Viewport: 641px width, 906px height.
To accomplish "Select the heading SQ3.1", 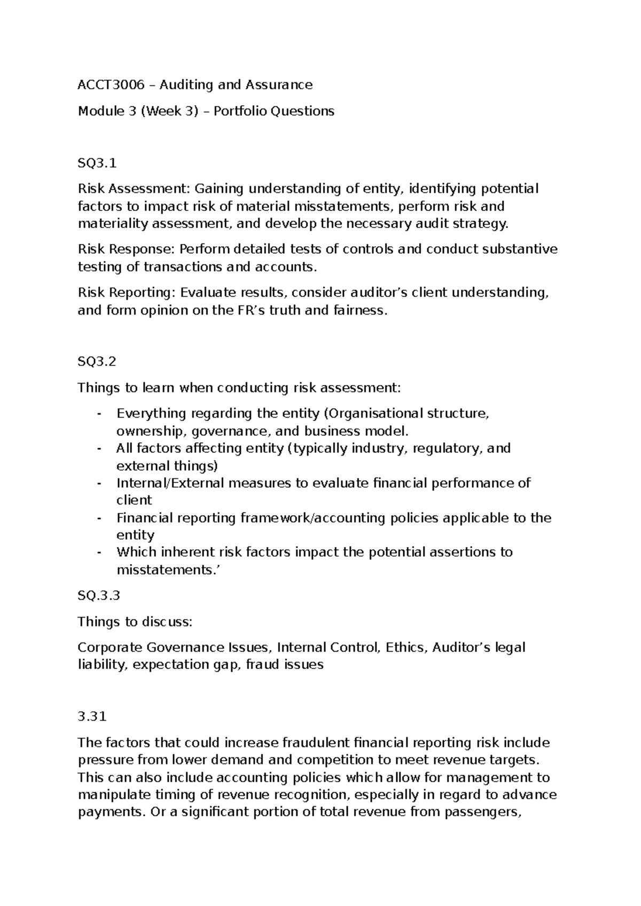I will pos(97,163).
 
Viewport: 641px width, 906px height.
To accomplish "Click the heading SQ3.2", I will pos(97,362).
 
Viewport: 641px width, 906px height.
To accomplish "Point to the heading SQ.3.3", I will pos(99,596).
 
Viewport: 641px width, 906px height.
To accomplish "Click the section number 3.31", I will pos(92,717).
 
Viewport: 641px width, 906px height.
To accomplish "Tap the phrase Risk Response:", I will pos(126,249).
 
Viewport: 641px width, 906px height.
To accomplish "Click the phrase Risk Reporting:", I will pos(127,293).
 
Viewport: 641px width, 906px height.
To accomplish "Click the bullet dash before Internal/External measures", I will pos(99,483).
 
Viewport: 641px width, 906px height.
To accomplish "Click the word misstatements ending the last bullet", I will pos(166,570).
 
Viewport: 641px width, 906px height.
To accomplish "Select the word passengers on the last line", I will pos(480,813).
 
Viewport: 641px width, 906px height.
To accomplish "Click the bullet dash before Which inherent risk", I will pos(99,552).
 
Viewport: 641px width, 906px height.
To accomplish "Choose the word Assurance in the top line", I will pos(279,85).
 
